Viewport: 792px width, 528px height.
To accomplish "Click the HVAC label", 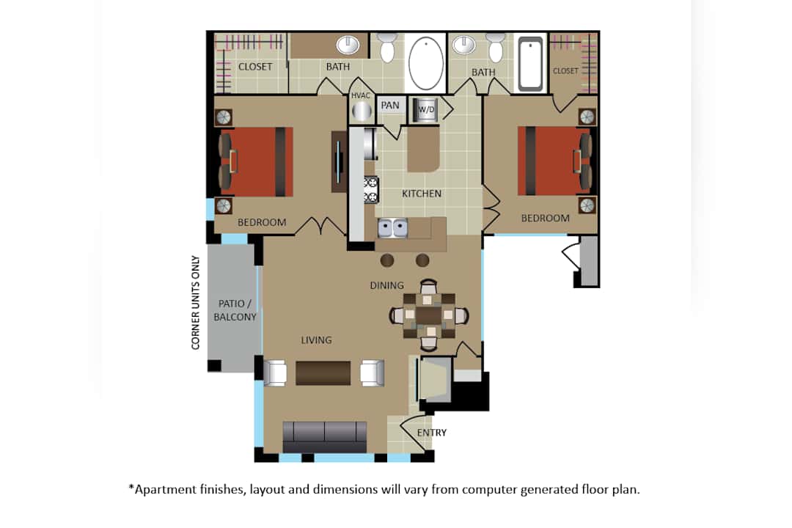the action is coord(360,95).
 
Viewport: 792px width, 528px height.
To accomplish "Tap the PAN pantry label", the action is coord(390,105).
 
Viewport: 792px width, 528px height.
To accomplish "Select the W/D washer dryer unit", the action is coord(425,110).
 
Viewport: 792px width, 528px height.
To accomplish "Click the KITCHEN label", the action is coord(422,194).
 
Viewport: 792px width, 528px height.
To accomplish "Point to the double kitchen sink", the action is coord(393,228).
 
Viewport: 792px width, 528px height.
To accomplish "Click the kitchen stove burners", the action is coord(371,189).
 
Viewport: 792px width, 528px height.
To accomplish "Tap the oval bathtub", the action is coord(426,64).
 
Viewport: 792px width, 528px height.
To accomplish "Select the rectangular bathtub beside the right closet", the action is coord(530,65).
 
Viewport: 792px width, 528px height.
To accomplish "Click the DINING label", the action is coord(387,285).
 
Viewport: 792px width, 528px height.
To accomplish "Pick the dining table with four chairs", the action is coord(429,315).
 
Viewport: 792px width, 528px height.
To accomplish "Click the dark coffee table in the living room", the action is coord(323,373).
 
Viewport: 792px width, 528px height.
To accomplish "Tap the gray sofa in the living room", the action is coord(325,437).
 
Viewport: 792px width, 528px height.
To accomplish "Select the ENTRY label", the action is coord(432,433).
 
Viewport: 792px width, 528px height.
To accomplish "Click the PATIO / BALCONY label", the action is coord(235,310).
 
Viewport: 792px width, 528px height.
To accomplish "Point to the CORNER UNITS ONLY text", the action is coord(196,303).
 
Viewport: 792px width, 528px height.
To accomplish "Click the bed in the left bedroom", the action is coord(256,161).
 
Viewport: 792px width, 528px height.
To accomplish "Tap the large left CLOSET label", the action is coord(255,67).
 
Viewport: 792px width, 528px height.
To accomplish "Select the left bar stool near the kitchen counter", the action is coord(387,260).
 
